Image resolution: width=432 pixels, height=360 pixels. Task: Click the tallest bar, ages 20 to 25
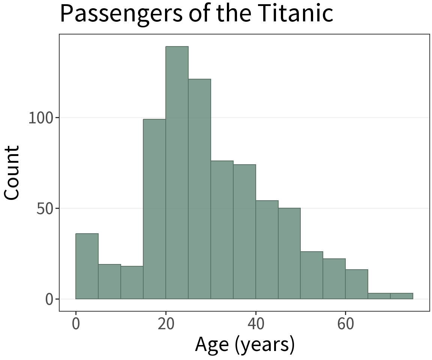pos(177,172)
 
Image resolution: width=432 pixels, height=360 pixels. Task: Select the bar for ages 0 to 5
pos(87,266)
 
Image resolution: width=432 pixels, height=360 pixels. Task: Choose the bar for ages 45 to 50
pos(289,253)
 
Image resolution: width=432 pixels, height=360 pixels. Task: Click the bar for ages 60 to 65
pos(357,284)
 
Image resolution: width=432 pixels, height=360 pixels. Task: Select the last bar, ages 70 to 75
pos(402,296)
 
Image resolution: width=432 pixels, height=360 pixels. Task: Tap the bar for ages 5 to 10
pos(109,281)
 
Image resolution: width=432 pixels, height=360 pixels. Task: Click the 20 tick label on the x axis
pos(166,324)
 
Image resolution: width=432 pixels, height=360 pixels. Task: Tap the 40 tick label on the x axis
pos(256,324)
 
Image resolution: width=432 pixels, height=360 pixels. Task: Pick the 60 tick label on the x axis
pos(346,324)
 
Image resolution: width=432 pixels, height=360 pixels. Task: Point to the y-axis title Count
pos(12,172)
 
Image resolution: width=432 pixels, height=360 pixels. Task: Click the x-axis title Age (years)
pos(244,345)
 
